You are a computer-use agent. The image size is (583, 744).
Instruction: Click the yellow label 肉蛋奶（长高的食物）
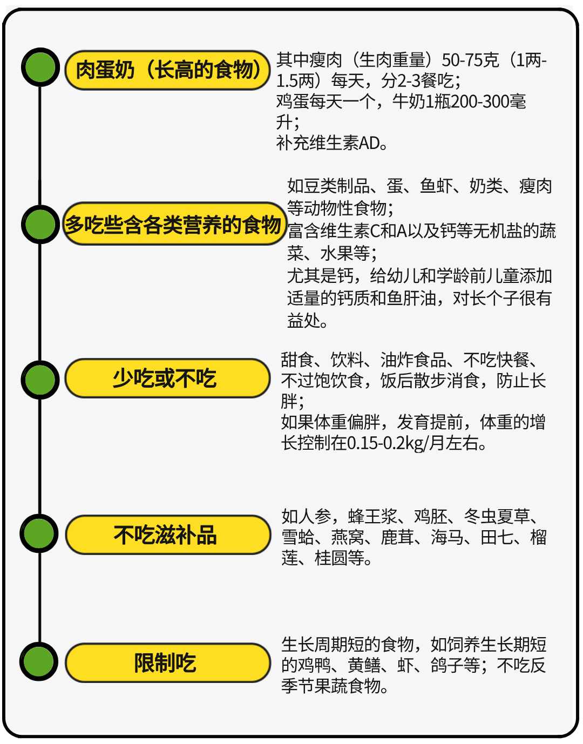(x=167, y=70)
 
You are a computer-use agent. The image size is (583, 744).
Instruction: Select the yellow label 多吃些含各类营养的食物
(x=174, y=224)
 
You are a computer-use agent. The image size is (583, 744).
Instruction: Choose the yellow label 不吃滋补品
(x=168, y=535)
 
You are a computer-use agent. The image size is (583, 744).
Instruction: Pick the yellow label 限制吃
(x=168, y=662)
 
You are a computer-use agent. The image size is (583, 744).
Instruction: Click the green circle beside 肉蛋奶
(x=40, y=67)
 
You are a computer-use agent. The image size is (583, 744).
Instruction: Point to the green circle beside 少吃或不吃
(x=40, y=380)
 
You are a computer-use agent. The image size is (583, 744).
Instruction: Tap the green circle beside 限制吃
(x=39, y=661)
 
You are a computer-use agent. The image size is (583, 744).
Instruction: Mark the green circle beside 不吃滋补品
(x=39, y=533)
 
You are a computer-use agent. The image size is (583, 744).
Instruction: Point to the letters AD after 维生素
(x=370, y=144)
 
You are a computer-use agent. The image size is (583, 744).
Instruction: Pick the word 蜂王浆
(x=372, y=516)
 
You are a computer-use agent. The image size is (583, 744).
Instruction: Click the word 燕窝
(x=348, y=537)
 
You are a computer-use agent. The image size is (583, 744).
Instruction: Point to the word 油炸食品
(x=413, y=360)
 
